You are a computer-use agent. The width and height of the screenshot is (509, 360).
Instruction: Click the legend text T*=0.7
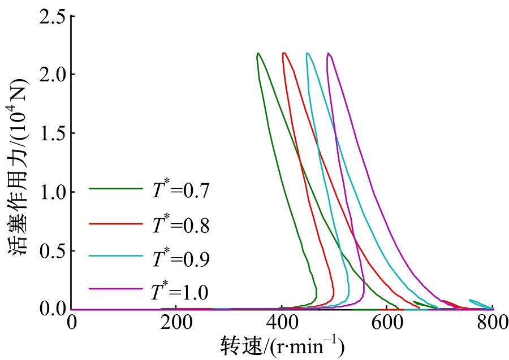(x=180, y=190)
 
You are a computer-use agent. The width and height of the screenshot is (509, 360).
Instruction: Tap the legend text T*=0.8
(x=180, y=225)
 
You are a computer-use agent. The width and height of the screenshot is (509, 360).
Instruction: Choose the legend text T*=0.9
(x=180, y=258)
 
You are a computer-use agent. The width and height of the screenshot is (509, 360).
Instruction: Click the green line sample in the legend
(x=116, y=189)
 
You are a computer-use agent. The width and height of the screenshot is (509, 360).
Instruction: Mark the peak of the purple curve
(x=328, y=53)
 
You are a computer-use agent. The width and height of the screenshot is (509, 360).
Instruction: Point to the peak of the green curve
(x=258, y=53)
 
